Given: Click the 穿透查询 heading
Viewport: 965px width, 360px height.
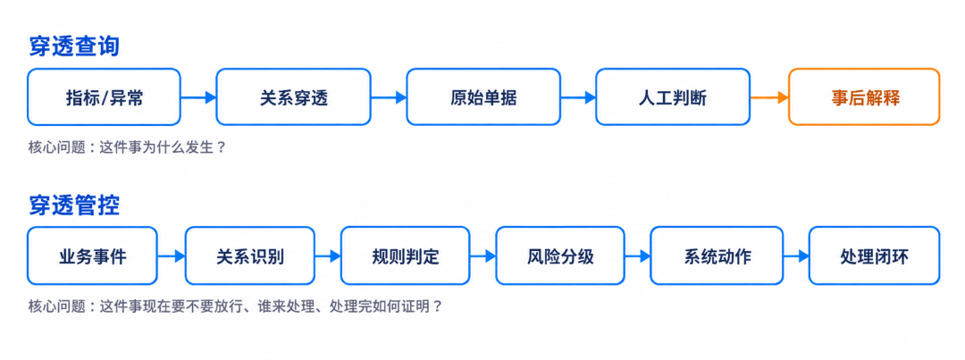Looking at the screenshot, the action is (x=74, y=47).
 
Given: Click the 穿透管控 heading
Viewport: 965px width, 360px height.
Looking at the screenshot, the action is (x=74, y=206).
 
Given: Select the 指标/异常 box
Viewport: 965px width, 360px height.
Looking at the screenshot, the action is (x=104, y=97).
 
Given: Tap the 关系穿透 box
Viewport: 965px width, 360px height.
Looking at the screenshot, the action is (x=294, y=97).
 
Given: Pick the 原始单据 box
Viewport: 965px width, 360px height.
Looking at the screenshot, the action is (x=483, y=97).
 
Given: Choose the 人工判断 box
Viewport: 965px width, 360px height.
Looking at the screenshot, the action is (x=673, y=97).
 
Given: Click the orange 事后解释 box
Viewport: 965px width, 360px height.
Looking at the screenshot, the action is (x=864, y=97).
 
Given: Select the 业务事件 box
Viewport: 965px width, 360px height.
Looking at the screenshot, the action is (x=92, y=256).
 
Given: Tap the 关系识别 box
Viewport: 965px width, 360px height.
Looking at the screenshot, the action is (x=250, y=256).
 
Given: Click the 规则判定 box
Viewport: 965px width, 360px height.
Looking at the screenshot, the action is (x=406, y=256).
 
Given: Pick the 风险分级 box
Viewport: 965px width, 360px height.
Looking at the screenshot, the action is (x=560, y=256).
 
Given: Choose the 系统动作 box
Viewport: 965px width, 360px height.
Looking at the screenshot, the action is (x=717, y=256).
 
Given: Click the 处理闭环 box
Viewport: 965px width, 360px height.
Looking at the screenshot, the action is (x=875, y=256).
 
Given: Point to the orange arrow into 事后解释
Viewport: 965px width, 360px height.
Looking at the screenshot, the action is (x=769, y=97).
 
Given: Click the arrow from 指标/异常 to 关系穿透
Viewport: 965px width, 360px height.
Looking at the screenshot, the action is (x=198, y=97).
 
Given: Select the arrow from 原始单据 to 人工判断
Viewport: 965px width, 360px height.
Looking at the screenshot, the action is (x=578, y=97).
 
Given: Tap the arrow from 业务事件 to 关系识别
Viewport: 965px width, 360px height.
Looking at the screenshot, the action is (x=171, y=256).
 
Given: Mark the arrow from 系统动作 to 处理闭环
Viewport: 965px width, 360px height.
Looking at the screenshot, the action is (x=796, y=256).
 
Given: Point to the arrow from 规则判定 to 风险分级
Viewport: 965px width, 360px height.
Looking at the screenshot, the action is (x=483, y=256).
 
